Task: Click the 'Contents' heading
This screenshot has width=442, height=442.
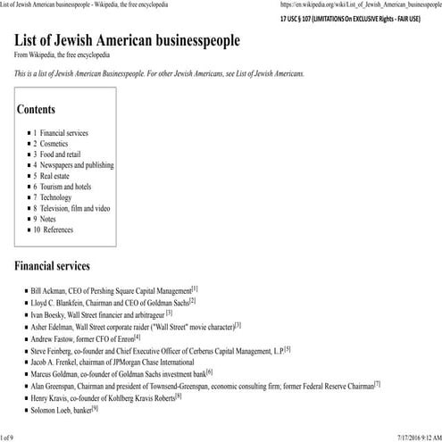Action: click(43, 111)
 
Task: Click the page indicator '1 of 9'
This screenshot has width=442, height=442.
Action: click(8, 436)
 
